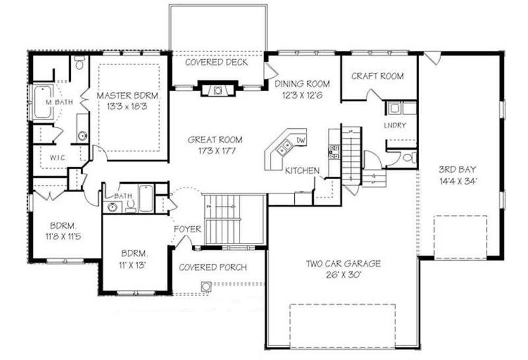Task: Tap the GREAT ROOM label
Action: click(215, 140)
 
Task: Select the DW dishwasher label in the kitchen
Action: click(301, 140)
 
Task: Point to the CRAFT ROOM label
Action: click(378, 76)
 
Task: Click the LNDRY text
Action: click(395, 125)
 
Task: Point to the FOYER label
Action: click(187, 229)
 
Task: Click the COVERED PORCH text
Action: click(212, 268)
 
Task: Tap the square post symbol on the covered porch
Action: click(205, 287)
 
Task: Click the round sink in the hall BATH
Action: click(112, 206)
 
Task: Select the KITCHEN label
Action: click(302, 170)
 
